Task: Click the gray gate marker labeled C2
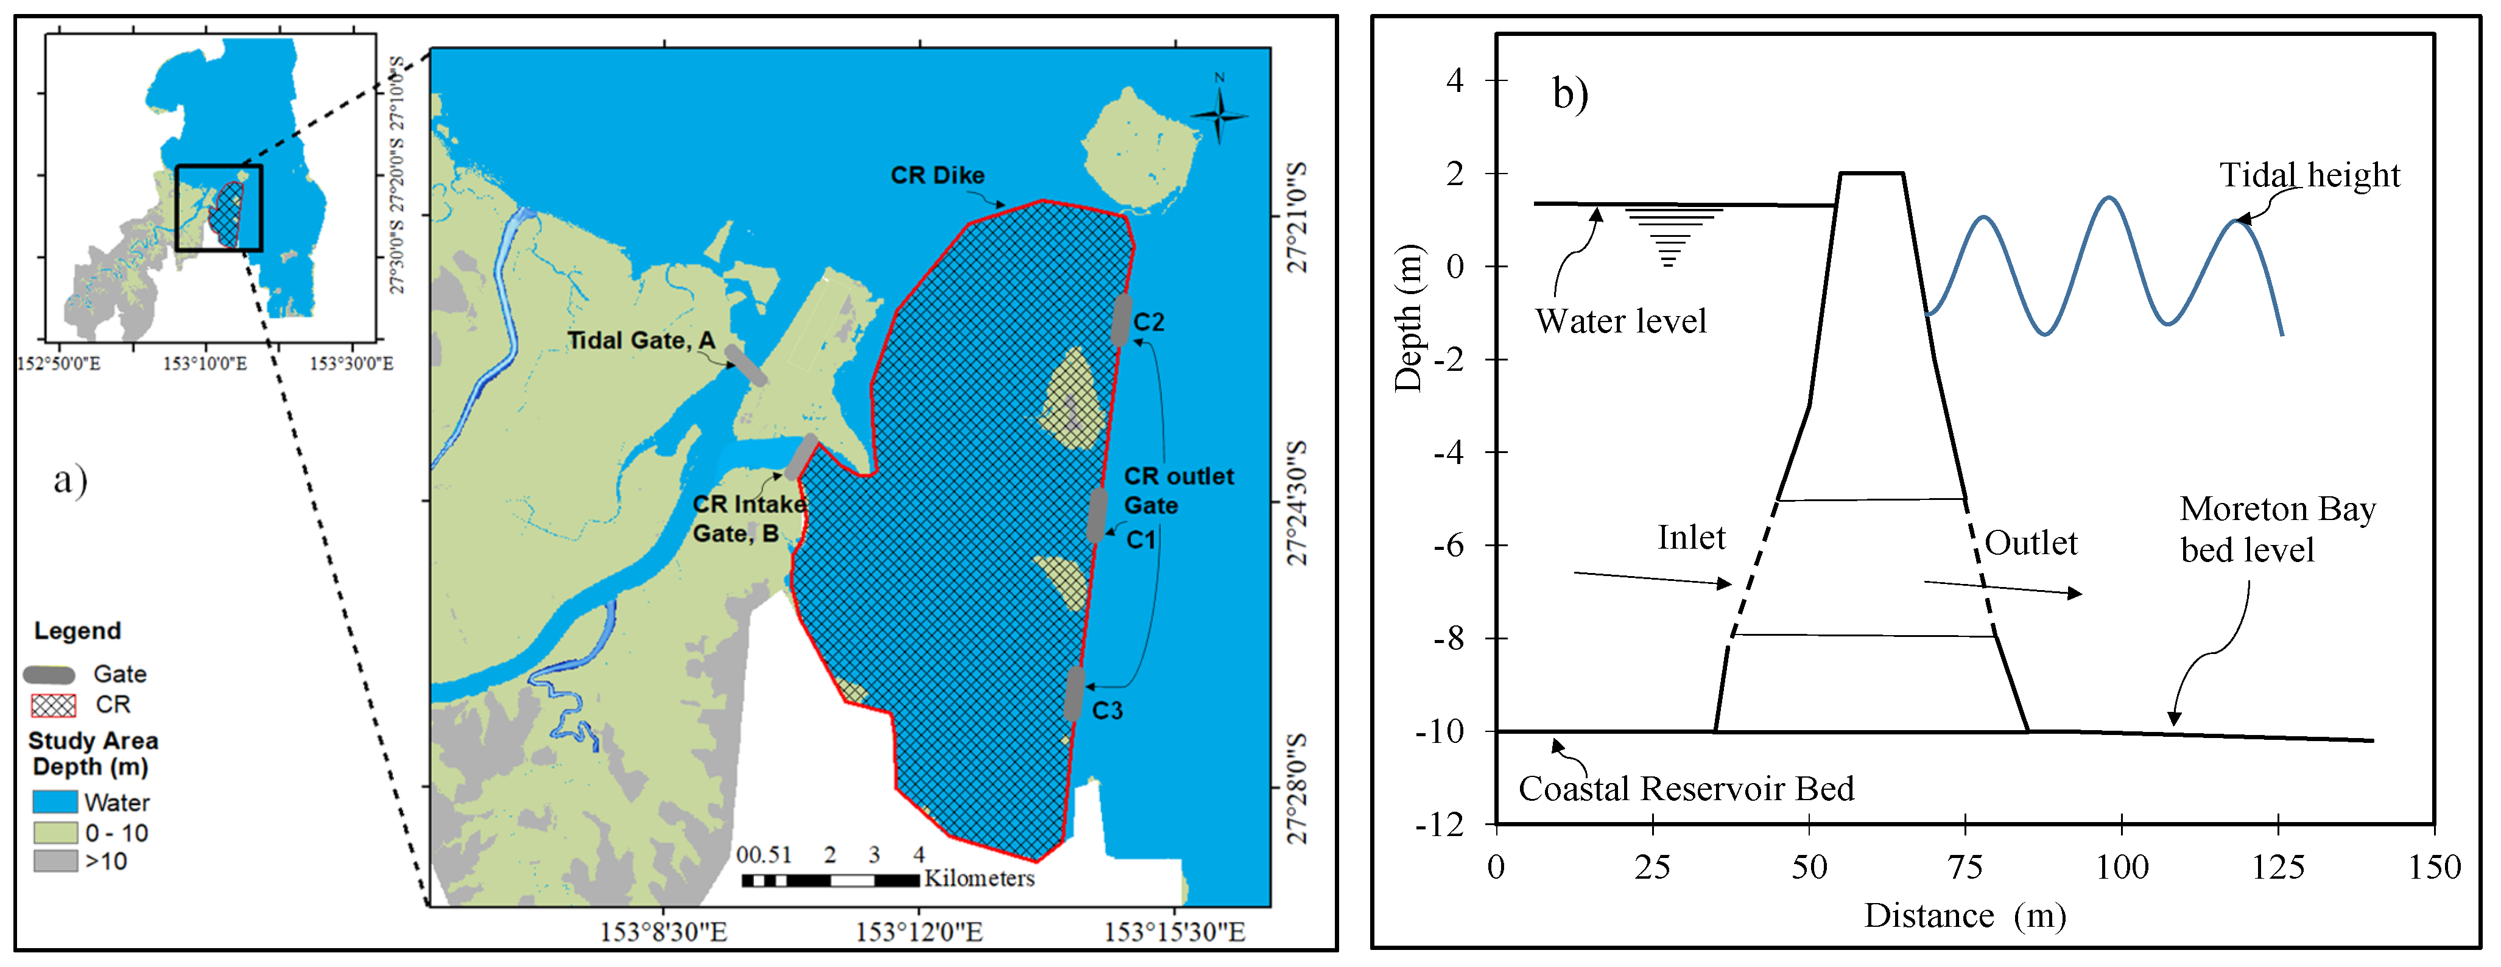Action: tap(1120, 320)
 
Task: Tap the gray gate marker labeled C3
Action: tap(1074, 693)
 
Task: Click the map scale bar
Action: tap(830, 881)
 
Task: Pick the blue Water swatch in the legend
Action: tap(54, 802)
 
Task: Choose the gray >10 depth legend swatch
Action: tap(54, 861)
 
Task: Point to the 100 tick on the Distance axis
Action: tap(2122, 867)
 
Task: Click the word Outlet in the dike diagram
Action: tap(2030, 543)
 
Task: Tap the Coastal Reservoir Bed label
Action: tap(1686, 789)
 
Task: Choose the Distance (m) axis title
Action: tap(1964, 915)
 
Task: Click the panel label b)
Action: tap(1570, 94)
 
